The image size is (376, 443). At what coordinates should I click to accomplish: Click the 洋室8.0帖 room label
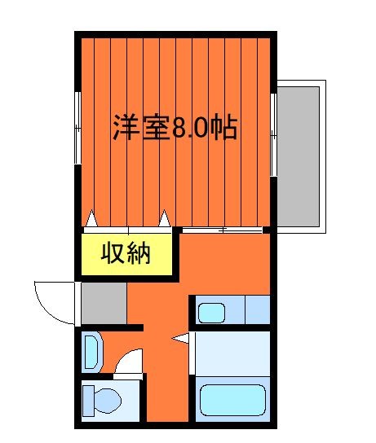click(175, 128)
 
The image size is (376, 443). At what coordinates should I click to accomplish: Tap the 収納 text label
click(126, 254)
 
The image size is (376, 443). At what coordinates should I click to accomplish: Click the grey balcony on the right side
click(303, 155)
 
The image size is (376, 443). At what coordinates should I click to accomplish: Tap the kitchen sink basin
click(211, 311)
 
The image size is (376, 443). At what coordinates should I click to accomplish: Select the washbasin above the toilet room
click(92, 351)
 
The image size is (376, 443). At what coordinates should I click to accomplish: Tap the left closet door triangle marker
click(91, 218)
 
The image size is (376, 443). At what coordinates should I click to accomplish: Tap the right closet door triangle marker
click(165, 218)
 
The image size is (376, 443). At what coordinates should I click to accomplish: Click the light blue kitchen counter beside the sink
click(256, 310)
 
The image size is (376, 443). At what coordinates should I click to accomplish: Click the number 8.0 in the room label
click(189, 128)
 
